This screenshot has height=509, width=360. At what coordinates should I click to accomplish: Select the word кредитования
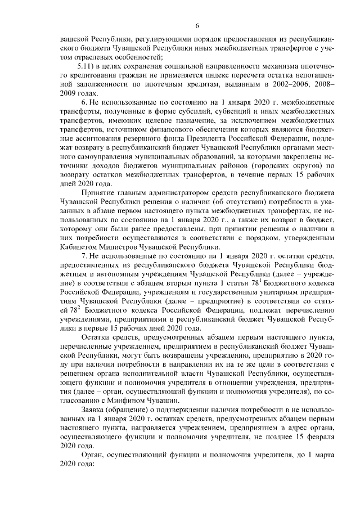pyautogui.click(x=83, y=75)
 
